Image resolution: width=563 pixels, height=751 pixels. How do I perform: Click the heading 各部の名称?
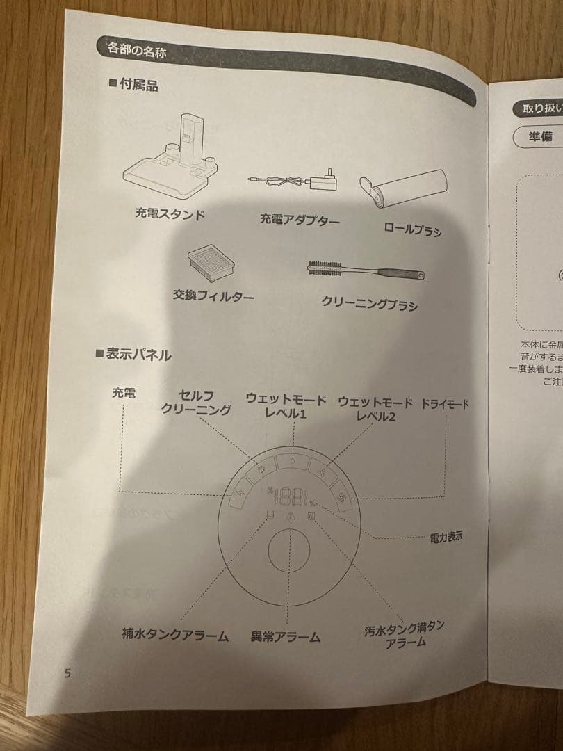pos(136,49)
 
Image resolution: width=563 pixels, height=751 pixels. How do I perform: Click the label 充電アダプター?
pos(300,220)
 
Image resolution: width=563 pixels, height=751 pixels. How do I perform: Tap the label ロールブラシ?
pos(412,229)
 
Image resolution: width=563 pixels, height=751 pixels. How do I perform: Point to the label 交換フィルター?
pos(213,296)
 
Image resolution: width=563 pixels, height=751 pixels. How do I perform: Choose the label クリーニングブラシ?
pos(369,302)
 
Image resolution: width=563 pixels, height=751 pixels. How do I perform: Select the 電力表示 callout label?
pos(446,536)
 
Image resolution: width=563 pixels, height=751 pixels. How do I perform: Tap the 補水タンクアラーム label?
pos(175,634)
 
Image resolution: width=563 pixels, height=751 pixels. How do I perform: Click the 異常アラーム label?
pos(286,636)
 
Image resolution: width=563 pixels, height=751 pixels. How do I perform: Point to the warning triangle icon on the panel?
pos(291,515)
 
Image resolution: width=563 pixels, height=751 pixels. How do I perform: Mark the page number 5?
pos(67,672)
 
